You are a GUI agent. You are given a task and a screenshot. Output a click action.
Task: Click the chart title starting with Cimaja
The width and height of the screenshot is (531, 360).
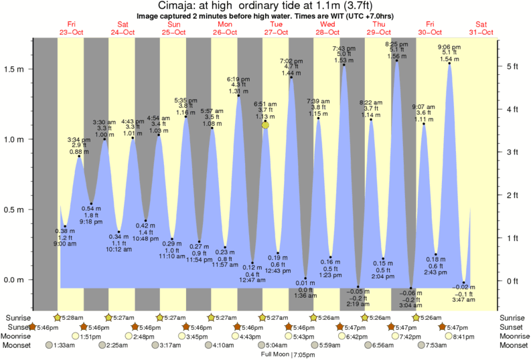266,6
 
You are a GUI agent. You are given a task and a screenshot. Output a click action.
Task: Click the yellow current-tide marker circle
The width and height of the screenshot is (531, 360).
266,124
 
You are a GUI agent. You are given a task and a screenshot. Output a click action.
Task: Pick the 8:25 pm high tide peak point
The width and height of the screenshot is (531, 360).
397,61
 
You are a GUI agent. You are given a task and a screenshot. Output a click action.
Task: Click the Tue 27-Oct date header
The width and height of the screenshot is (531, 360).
275,27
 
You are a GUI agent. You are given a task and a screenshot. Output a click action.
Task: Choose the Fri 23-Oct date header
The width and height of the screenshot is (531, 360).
70,27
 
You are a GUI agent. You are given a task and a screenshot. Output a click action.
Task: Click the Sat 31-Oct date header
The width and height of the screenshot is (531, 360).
481,27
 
